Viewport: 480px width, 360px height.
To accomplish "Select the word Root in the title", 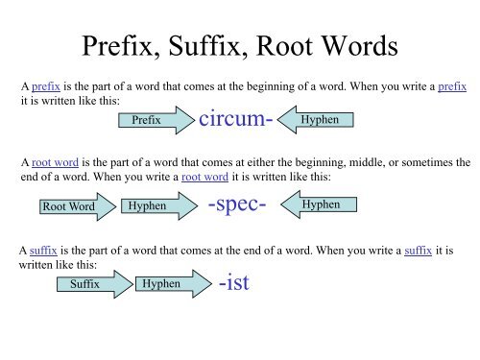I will [300, 45].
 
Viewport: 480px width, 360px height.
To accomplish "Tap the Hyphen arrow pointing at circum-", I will [322, 121].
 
